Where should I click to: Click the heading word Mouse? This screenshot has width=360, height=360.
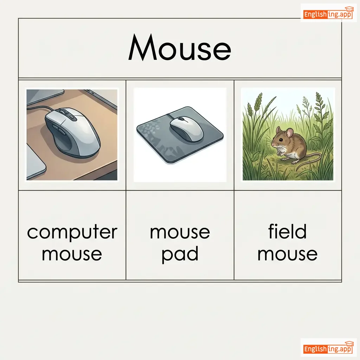coord(180,47)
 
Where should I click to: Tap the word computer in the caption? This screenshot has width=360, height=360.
coord(72,232)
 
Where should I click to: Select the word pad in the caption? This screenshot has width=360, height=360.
coord(180,254)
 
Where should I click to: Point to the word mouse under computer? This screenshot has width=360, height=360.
coord(72,254)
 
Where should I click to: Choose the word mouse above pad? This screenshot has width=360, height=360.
coord(180,232)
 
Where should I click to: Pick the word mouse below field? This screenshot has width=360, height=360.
coord(288,254)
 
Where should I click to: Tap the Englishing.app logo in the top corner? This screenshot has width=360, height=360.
coord(329,14)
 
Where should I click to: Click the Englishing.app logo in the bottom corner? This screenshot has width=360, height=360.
coord(329,348)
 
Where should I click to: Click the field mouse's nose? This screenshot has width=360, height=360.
coord(272,144)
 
